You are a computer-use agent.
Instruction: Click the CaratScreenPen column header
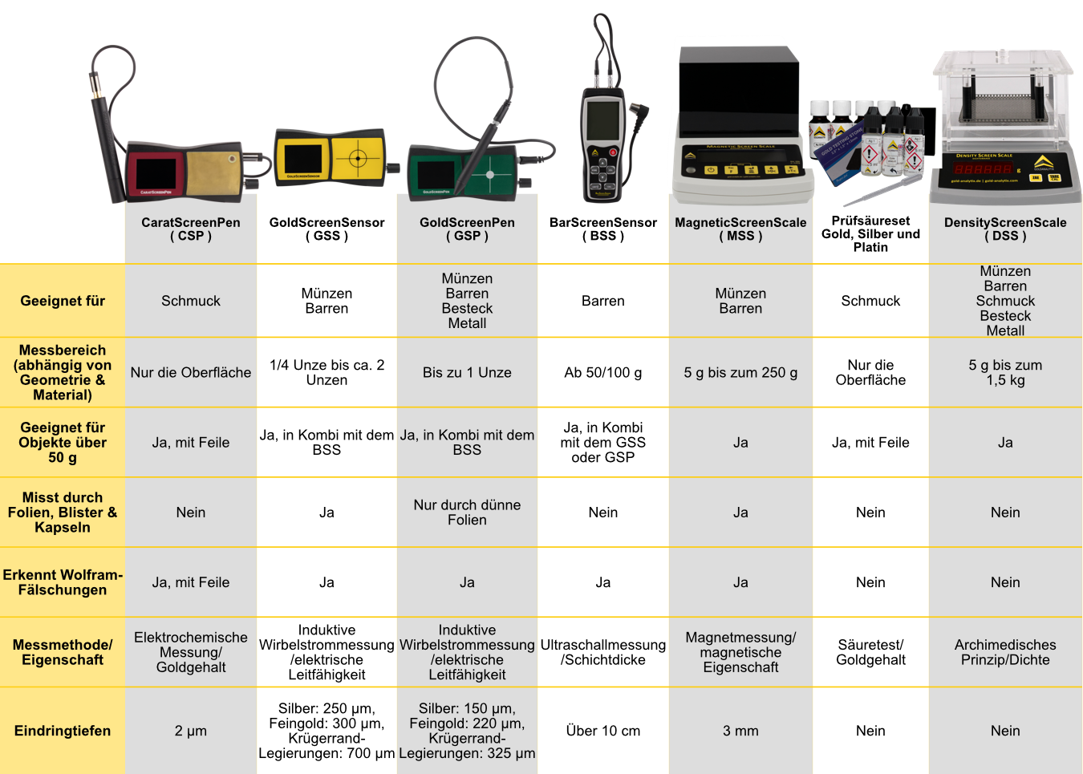click(191, 229)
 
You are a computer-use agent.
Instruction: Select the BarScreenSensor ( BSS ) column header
click(603, 229)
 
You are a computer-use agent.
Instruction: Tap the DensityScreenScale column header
click(1005, 229)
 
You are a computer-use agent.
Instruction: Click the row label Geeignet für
click(63, 301)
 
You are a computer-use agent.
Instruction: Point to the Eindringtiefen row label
click(63, 731)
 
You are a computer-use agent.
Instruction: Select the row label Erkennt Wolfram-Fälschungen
click(63, 582)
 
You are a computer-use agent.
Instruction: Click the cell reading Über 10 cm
click(603, 731)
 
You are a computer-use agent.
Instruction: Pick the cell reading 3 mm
click(740, 731)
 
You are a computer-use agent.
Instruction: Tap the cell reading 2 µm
click(191, 731)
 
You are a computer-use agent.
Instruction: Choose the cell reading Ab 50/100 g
click(603, 372)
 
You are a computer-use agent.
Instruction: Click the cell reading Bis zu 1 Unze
click(467, 372)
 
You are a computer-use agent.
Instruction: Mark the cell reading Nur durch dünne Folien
click(467, 513)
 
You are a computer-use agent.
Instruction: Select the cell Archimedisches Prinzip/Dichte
click(1005, 652)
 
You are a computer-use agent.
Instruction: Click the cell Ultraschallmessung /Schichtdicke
click(603, 652)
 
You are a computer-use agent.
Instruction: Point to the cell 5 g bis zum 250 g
click(740, 372)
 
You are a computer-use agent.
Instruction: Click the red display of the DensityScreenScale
click(982, 169)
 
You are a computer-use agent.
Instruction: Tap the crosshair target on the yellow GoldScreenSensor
click(359, 157)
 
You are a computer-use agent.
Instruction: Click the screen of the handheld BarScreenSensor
click(602, 120)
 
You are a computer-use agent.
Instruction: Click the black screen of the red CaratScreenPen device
click(156, 173)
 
